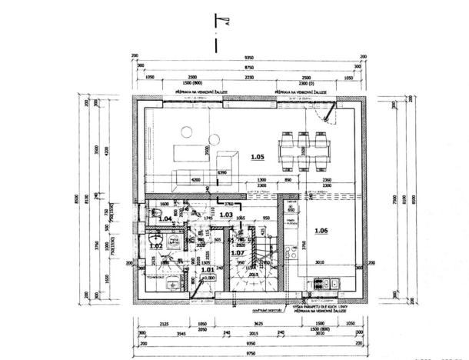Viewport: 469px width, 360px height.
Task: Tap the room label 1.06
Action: [x=320, y=232]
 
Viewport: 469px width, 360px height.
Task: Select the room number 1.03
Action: [x=226, y=215]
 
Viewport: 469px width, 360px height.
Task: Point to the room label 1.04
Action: [x=165, y=219]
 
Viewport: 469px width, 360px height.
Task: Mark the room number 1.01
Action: [x=207, y=270]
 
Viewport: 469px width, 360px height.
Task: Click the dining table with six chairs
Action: [x=304, y=149]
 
